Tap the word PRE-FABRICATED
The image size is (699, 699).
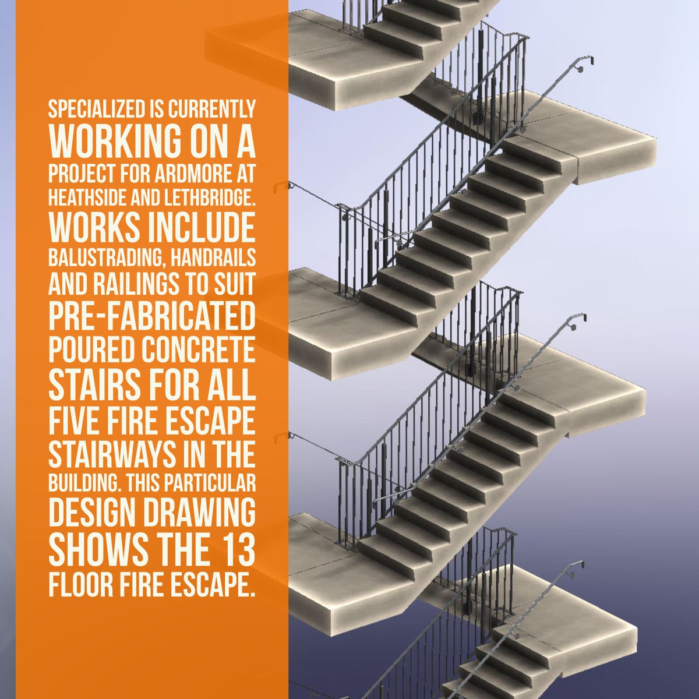click(x=152, y=314)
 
